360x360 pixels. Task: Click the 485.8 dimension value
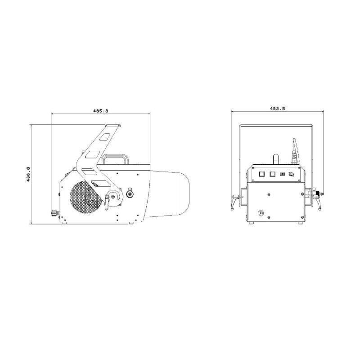coord(100,111)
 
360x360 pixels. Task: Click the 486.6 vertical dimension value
coord(28,174)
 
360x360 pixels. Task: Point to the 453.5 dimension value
coord(277,108)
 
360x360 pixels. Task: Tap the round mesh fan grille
coord(86,197)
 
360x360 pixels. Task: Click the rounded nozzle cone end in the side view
coord(184,193)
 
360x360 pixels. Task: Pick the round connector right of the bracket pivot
coord(130,194)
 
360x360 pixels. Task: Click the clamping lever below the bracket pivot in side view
coord(107,202)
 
